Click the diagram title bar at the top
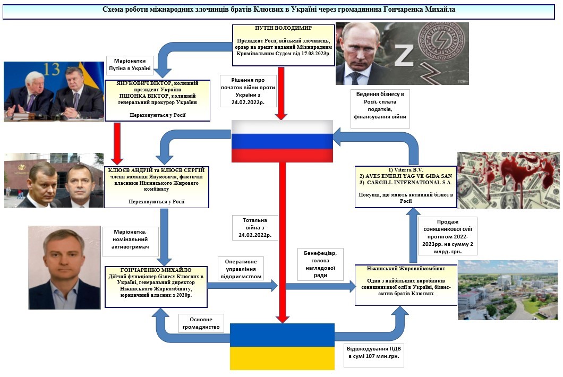pyautogui.click(x=281, y=10)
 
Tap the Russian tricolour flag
pyautogui.click(x=282, y=141)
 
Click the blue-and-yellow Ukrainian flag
pyautogui.click(x=282, y=346)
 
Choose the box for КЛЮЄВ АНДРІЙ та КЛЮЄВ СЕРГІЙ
pyautogui.click(x=157, y=186)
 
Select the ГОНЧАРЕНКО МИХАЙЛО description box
pyautogui.click(x=156, y=286)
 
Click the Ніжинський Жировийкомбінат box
pyautogui.click(x=406, y=285)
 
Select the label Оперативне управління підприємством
pyautogui.click(x=241, y=269)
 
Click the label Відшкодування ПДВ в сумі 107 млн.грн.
pyautogui.click(x=374, y=354)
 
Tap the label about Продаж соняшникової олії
pyautogui.click(x=447, y=236)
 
